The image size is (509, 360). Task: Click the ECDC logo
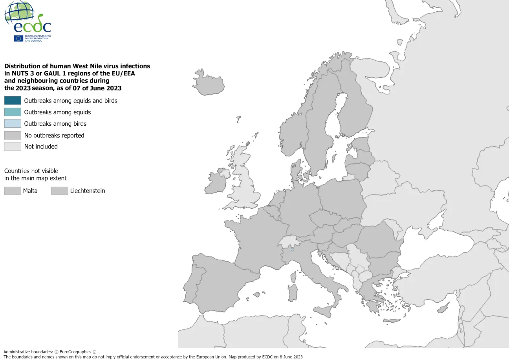27,21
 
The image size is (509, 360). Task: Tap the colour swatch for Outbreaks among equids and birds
13,101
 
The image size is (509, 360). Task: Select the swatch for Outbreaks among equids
13,112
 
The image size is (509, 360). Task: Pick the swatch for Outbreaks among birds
13,123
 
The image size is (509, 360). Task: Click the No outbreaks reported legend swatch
13,135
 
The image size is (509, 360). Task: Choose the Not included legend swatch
13,147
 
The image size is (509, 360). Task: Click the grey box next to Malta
13,191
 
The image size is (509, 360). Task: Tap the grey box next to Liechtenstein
60,191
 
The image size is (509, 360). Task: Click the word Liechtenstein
88,191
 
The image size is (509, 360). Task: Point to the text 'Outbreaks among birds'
55,124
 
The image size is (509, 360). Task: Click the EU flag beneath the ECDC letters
18,39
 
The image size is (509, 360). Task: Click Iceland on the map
208,83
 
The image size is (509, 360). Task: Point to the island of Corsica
293,277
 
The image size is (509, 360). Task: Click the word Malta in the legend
30,191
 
